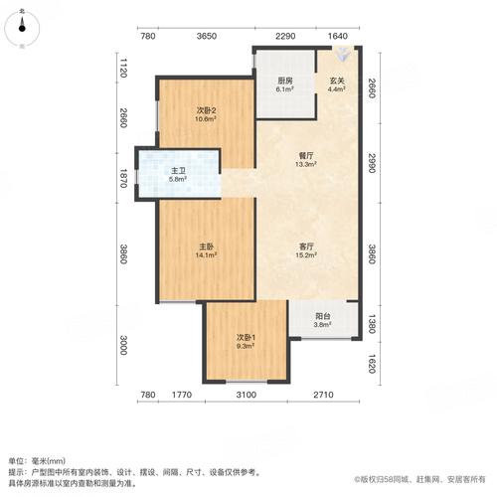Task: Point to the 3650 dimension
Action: tap(206, 37)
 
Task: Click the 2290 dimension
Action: tap(285, 37)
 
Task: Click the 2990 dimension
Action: tap(370, 163)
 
